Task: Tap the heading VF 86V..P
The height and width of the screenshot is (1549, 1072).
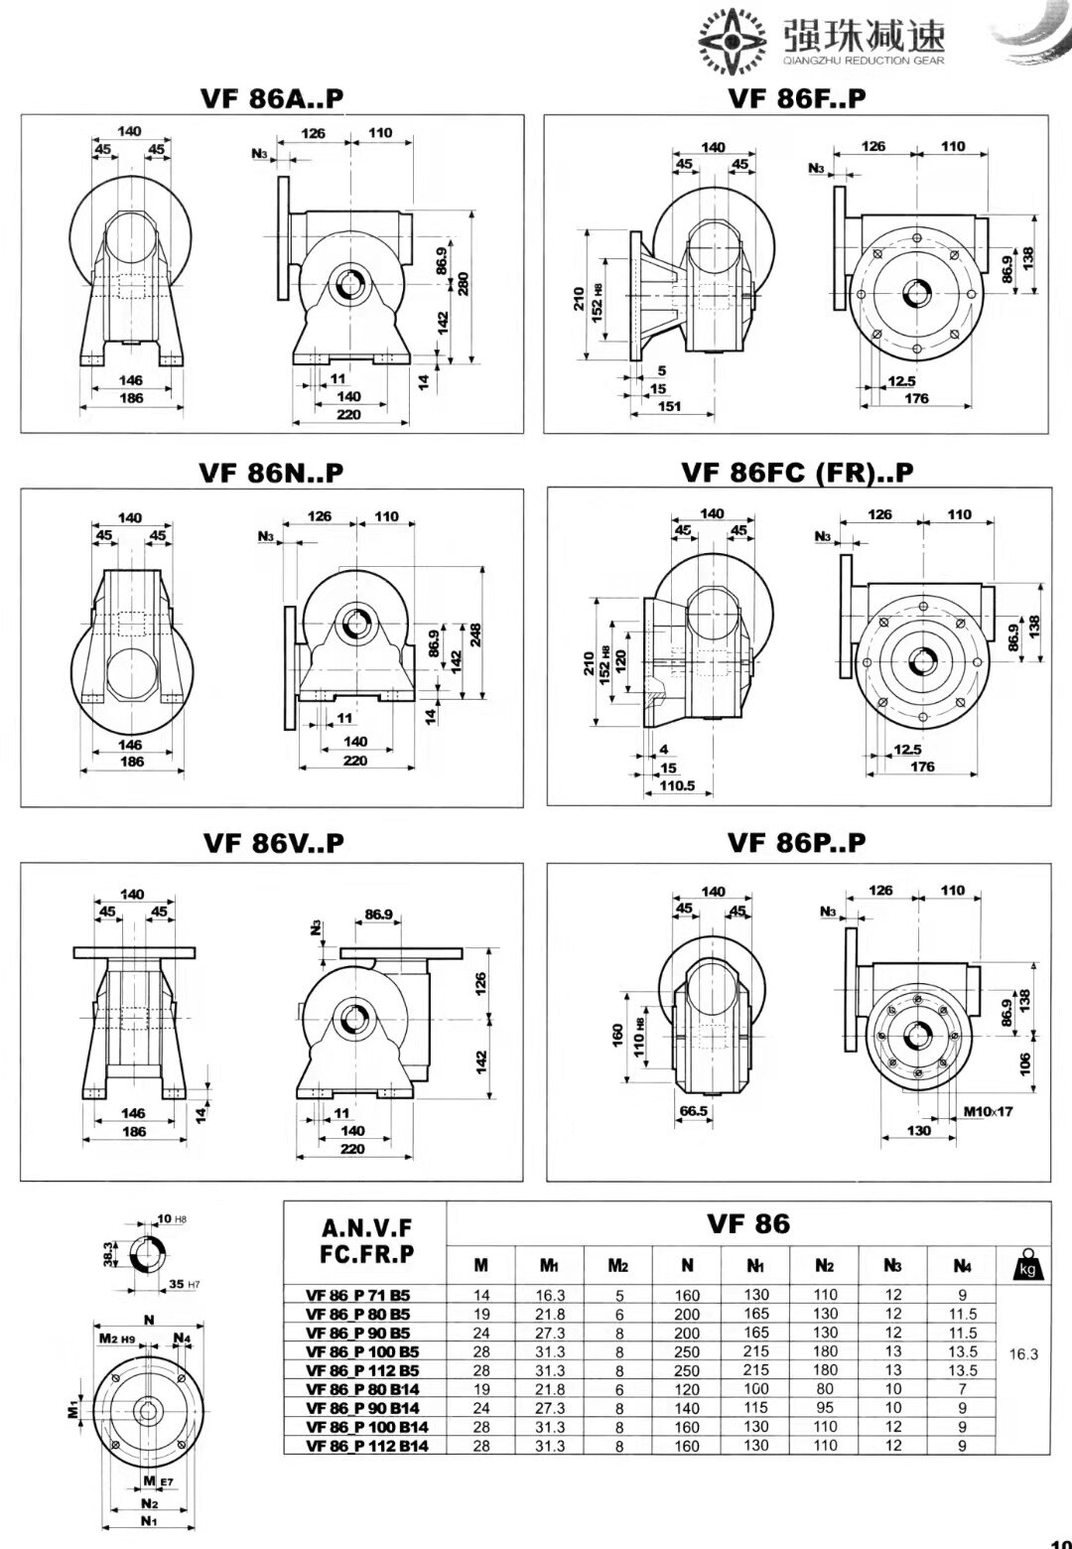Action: coord(273,843)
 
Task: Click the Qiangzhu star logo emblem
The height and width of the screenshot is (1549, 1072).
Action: coord(736,42)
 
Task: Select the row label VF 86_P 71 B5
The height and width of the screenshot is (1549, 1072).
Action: coord(358,1295)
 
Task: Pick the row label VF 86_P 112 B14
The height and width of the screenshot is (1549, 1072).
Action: coord(364,1446)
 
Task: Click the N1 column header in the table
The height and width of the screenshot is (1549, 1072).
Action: coord(756,1265)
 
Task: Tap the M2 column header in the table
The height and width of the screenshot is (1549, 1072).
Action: coord(618,1265)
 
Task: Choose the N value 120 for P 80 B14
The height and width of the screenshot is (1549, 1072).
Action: coord(687,1389)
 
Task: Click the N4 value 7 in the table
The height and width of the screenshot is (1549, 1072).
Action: coord(962,1389)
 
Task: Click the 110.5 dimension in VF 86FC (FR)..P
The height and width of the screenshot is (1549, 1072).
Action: coord(677,786)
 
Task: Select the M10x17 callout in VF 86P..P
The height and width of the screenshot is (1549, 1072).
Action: coord(988,1111)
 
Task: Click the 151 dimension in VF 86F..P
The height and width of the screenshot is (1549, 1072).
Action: coord(670,407)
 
